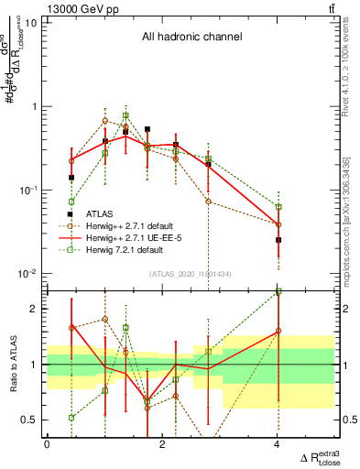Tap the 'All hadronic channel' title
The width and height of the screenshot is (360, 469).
click(x=191, y=38)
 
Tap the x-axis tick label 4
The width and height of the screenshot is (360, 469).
click(x=278, y=444)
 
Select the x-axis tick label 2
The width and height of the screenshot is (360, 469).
click(x=162, y=444)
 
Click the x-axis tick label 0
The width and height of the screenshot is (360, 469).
click(x=47, y=444)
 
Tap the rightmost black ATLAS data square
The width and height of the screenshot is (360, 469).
click(x=278, y=240)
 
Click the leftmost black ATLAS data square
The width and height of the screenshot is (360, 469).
click(x=71, y=178)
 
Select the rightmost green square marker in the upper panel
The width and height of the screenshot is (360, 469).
click(x=278, y=207)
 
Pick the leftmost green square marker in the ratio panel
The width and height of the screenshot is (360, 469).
click(x=71, y=418)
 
